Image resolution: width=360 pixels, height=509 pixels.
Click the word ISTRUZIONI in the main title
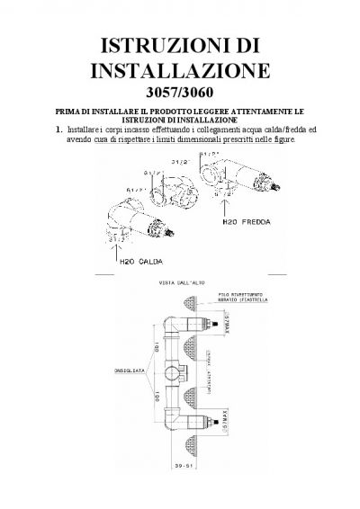(163, 44)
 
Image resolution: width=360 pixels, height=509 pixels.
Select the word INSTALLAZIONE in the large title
(185, 71)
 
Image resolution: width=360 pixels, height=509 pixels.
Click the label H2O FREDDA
(241, 220)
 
